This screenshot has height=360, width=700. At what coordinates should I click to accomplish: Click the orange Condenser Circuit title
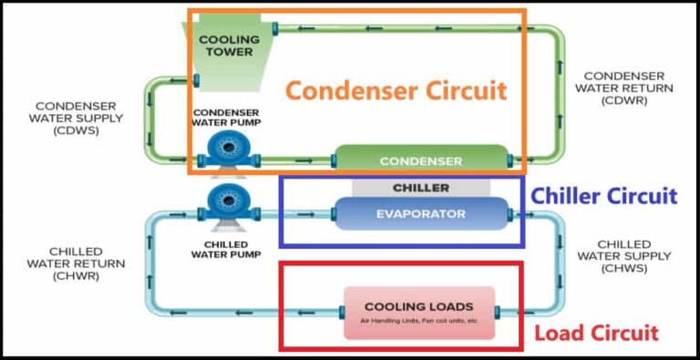(396, 90)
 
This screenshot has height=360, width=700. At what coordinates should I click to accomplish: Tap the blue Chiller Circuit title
(603, 196)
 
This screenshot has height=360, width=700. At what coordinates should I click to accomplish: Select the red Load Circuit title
(596, 333)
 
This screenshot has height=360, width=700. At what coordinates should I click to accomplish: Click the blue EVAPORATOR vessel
(420, 214)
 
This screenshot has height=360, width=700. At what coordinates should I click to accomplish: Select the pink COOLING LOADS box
(418, 313)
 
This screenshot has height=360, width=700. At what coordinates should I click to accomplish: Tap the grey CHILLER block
(420, 187)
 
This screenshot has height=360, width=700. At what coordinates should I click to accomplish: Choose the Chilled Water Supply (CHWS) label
(623, 256)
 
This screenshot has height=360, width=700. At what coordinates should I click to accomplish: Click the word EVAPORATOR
(420, 214)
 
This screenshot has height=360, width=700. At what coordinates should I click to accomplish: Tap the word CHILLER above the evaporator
(420, 188)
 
